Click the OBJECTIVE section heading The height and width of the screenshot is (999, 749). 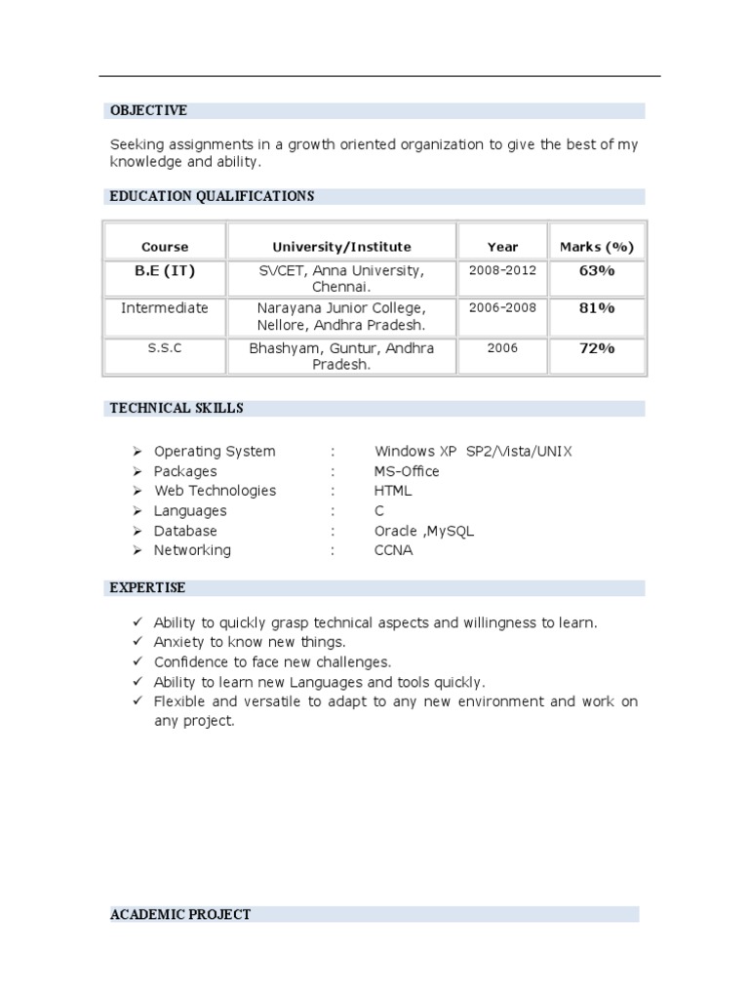(148, 110)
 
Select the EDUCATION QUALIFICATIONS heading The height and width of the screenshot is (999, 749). (212, 196)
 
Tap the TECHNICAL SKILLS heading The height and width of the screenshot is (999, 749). (177, 408)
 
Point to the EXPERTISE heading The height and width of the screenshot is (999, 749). (148, 587)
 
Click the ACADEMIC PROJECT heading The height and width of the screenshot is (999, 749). (180, 914)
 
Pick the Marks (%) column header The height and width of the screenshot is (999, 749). (597, 247)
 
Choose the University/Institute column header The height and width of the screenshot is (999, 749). (341, 247)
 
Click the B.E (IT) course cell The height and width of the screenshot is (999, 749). (165, 270)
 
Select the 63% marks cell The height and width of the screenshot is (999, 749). (597, 270)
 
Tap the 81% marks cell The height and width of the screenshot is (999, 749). (597, 308)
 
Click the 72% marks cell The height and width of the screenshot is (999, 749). (597, 348)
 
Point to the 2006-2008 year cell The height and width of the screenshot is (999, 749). (502, 308)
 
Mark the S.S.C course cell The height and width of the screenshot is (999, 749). (165, 348)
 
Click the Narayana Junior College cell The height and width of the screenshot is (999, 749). (341, 317)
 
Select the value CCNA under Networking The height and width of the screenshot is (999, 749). (393, 550)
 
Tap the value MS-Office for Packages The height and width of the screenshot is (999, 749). (407, 471)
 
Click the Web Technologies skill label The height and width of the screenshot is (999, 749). (215, 491)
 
